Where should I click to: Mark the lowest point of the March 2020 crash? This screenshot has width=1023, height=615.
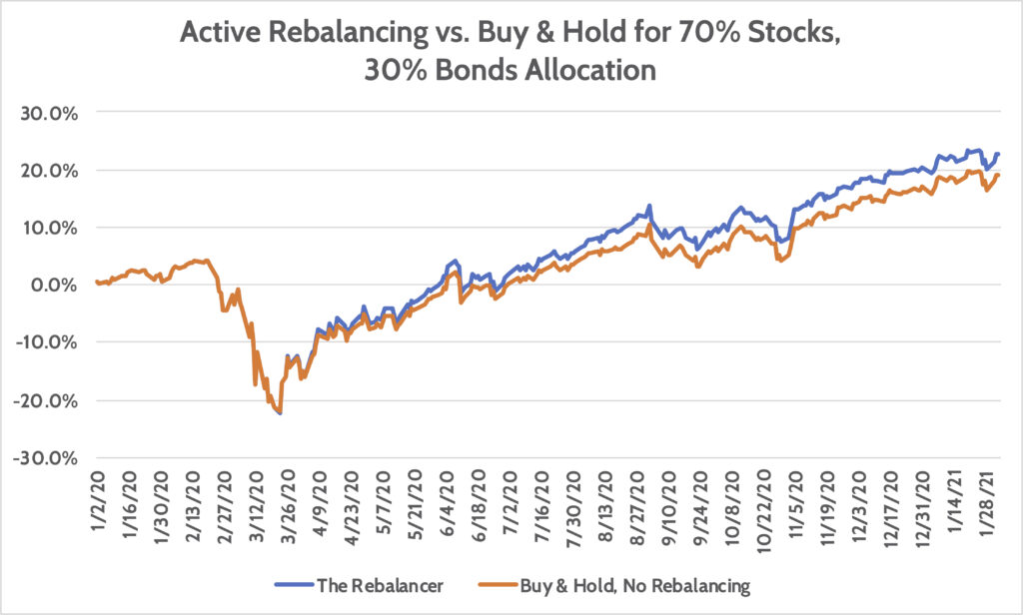[x=281, y=413]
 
